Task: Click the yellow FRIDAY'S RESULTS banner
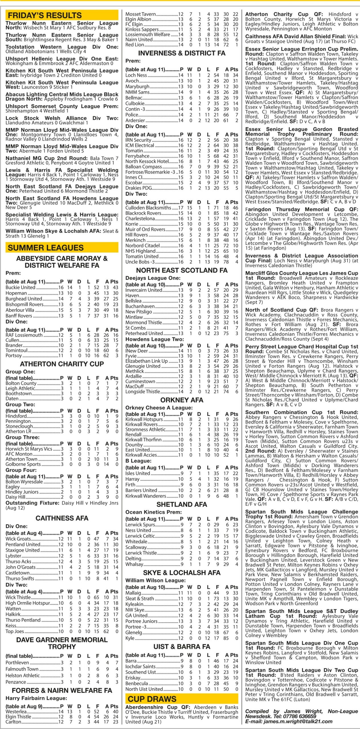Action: pos(62,15)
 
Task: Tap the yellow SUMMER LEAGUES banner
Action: pos(62,247)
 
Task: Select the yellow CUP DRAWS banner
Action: pos(181,699)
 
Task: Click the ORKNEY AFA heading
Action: pos(182,400)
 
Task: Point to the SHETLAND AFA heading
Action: pos(182,504)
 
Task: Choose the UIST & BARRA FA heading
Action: pos(182,647)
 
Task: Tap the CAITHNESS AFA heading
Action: pos(62,518)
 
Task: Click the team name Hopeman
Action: pos(16,293)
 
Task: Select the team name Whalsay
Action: pos(134,564)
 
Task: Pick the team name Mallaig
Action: pos(133,593)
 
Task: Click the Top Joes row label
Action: pos(15,631)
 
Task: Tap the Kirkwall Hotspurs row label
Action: pos(144,419)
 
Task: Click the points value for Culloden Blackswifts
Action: pos(235,208)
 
